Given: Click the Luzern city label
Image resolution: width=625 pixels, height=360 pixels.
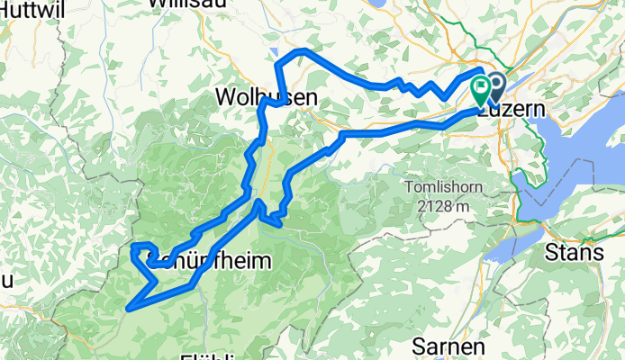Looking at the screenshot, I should (x=511, y=109).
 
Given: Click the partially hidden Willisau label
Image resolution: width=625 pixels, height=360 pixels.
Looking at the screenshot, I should (x=186, y=4).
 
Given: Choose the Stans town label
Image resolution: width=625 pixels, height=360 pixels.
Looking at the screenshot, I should (x=574, y=253).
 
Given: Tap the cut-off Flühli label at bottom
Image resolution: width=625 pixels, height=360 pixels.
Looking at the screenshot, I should (x=211, y=355).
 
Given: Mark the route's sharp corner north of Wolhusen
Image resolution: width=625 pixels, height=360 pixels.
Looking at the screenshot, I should (x=276, y=63).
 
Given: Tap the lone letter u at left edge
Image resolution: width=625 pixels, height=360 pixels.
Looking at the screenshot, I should (x=5, y=280).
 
